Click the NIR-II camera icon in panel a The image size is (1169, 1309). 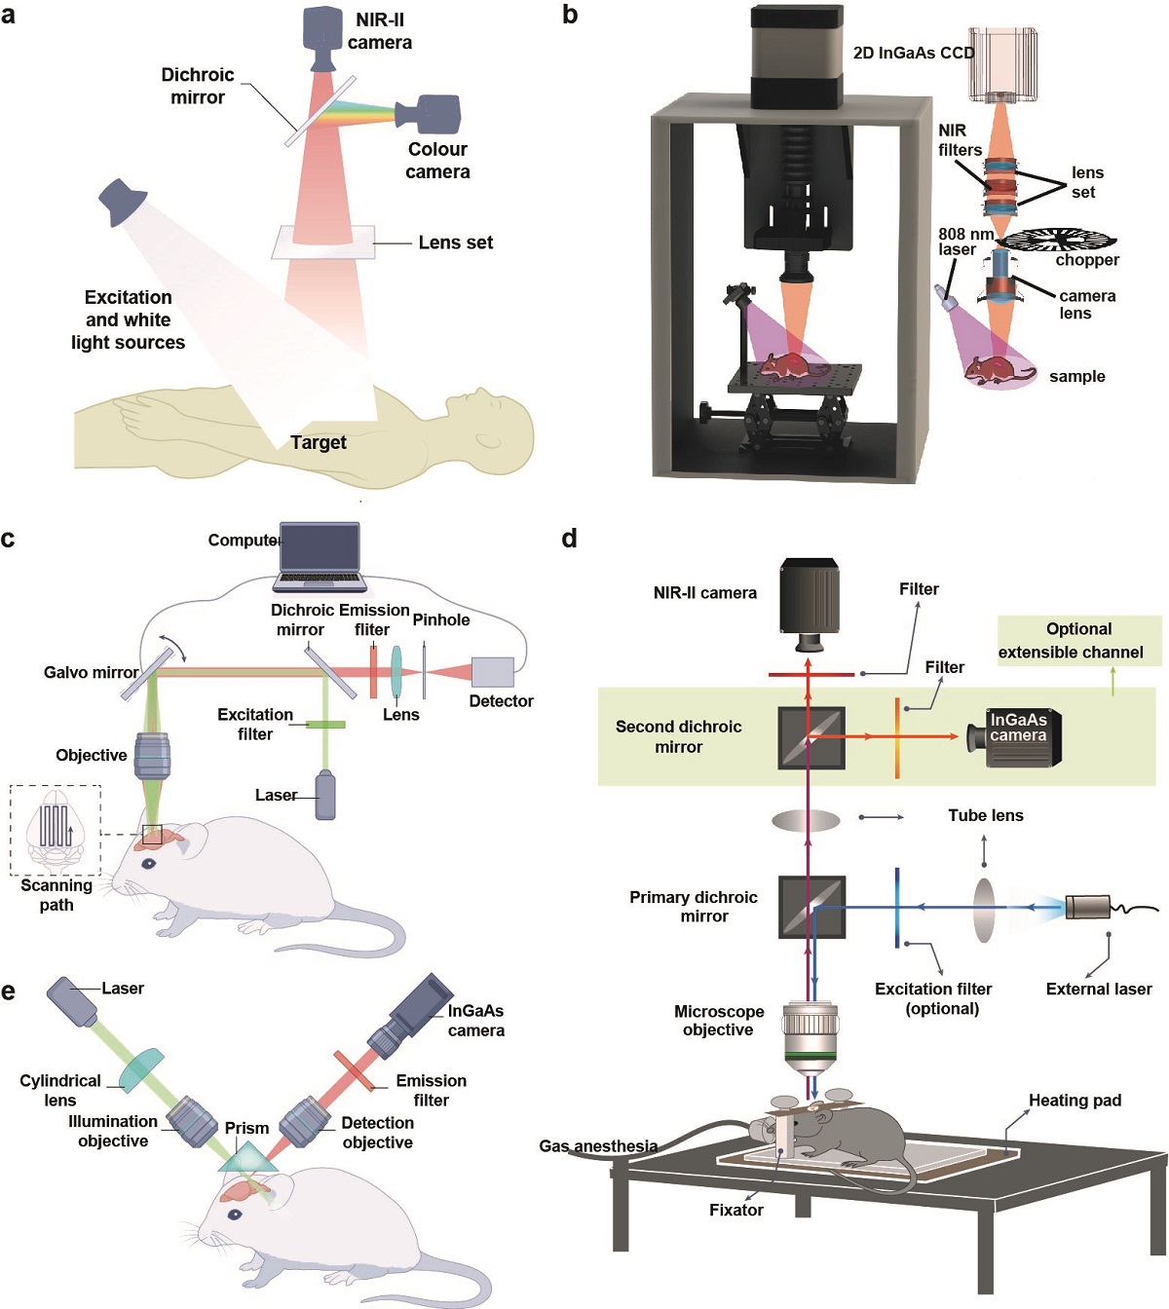tap(323, 37)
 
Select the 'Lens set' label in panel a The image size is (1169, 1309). tap(455, 243)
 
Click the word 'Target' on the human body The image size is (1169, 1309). tap(319, 442)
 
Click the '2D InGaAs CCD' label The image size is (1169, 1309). tap(913, 53)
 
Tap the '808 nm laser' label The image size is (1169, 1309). tap(964, 242)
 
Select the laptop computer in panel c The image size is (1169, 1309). tap(320, 557)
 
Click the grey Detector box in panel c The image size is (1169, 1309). tap(493, 672)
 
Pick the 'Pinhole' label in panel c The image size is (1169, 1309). tap(441, 619)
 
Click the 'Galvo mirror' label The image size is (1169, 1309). tap(91, 672)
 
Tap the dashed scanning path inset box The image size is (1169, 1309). tap(56, 829)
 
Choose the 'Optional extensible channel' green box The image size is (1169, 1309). tap(1079, 641)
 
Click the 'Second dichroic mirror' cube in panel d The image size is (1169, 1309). tap(811, 737)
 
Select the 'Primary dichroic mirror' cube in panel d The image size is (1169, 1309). tap(811, 908)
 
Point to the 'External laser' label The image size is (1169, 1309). tap(1098, 989)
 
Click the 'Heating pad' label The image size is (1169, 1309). tap(1075, 1101)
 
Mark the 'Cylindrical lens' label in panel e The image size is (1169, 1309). tap(59, 1090)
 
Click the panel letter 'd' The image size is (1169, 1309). tap(570, 538)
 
